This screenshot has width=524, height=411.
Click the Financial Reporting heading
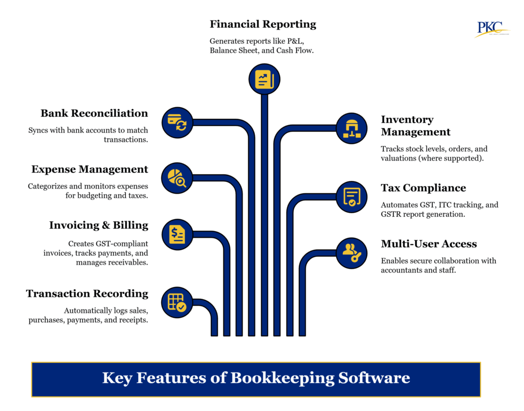coord(263,24)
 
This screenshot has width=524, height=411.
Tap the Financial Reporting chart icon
coord(265,79)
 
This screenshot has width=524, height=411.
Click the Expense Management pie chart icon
coord(177,178)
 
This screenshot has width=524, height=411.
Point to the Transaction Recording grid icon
coord(177,302)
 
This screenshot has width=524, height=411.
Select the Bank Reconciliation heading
coord(94,113)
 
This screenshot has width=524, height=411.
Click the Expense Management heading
coord(90,169)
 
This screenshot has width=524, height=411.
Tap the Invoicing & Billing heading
coord(99,225)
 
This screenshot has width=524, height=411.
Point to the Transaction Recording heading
coord(87,294)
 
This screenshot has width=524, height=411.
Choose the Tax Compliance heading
coord(423,188)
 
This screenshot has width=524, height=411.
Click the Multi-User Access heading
coord(429,244)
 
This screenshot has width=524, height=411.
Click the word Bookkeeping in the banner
coord(282,378)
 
